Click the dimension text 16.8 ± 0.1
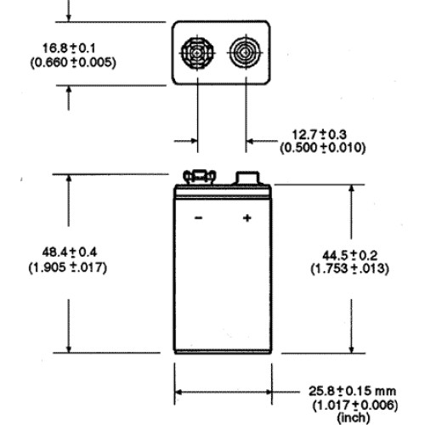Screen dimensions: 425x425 [69, 48]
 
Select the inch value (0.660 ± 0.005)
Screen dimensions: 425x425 [73, 62]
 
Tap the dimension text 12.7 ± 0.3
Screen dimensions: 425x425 [319, 134]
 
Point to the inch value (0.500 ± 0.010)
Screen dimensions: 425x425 [323, 148]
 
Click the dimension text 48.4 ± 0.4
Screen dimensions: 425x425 [70, 252]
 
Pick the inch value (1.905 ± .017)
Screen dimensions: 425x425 [68, 268]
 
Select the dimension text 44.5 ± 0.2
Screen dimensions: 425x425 [350, 256]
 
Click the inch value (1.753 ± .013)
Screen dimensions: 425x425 [350, 269]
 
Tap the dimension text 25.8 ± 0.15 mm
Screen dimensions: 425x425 [352, 391]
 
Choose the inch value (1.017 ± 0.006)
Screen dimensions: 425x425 [355, 405]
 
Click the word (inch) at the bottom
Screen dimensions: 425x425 [354, 417]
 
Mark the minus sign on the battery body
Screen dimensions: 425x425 [198, 218]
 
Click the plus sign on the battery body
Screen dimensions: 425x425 [247, 218]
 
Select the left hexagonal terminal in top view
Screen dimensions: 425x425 [197, 53]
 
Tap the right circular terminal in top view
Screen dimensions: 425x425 [246, 53]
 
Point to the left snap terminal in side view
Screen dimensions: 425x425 [199, 177]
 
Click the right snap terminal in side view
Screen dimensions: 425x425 [247, 178]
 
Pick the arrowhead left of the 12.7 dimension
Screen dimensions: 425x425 [194, 141]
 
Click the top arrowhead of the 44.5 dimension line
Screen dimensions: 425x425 [351, 190]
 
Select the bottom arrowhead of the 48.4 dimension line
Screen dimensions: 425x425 [69, 348]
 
